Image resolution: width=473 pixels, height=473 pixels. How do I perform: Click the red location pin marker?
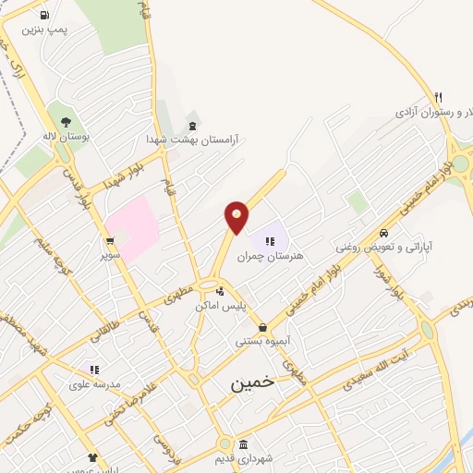point(236,216)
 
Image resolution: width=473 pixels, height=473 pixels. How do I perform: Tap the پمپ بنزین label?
point(45,31)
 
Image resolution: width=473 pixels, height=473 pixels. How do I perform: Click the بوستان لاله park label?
point(63,136)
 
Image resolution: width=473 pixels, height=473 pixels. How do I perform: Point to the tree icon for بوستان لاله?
point(65,120)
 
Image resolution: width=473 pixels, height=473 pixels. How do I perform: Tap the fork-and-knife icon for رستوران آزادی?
point(439,97)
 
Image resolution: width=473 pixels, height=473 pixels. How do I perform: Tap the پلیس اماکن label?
point(219,305)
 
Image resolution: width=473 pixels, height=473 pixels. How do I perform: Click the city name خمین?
point(252,381)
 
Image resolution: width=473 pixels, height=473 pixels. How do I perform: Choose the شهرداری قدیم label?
point(243,459)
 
